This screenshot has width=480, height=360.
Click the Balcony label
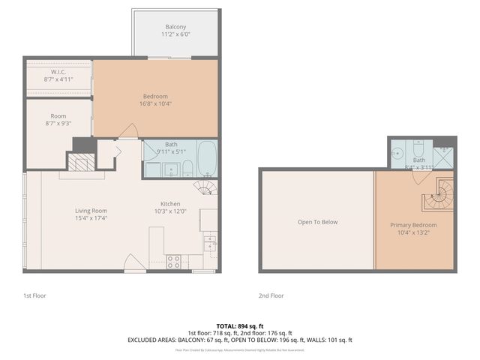point(176,27)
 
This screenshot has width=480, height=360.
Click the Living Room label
point(91,211)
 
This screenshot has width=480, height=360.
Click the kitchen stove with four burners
point(173,262)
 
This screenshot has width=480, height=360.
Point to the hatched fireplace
point(80,163)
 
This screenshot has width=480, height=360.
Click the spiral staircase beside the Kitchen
point(204,185)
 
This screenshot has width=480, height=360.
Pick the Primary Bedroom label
point(413,225)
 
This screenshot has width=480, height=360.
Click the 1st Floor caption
point(34,295)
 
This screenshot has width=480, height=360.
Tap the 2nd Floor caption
point(271,295)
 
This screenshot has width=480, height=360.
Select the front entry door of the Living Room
point(134,263)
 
